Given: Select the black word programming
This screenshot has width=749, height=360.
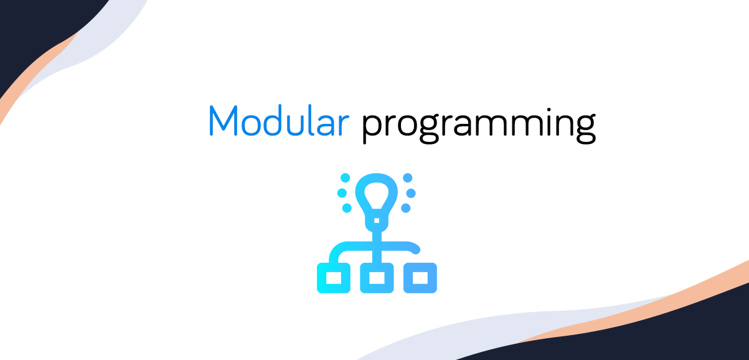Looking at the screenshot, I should tap(478, 125).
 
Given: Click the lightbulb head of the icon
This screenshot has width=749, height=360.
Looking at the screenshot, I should tap(377, 193).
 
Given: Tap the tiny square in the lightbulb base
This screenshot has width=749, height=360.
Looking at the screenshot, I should tap(377, 220).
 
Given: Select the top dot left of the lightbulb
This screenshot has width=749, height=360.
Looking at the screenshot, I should tap(346, 178).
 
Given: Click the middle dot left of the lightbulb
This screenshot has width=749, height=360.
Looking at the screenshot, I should tap(341, 192).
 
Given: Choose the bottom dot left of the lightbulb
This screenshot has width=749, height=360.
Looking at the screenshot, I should tap(346, 207).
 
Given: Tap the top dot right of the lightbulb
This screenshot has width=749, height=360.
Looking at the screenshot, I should tap(408, 178).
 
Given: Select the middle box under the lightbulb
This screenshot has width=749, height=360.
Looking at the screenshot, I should tap(377, 277).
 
